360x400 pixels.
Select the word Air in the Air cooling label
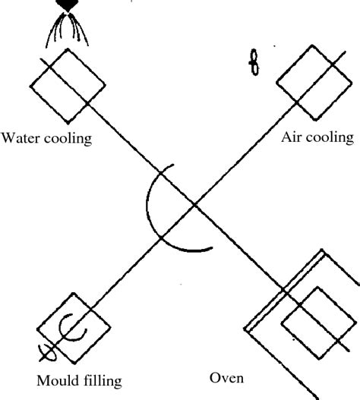coord(292,137)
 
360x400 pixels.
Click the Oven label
coord(227,376)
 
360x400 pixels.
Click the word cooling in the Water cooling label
coord(66,139)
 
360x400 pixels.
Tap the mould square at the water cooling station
coord(67,85)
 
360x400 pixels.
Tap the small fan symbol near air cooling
coord(254,65)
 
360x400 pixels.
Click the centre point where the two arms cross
coord(194,203)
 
